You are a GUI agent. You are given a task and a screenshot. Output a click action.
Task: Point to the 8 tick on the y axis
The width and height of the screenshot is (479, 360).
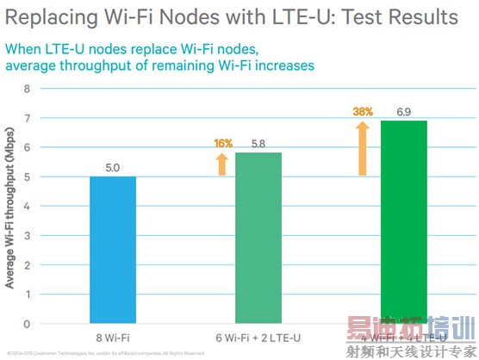(27, 88)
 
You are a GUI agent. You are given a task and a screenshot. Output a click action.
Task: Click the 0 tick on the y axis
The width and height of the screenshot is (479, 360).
(27, 324)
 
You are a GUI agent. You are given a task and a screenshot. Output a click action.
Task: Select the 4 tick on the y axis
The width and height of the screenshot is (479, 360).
(27, 206)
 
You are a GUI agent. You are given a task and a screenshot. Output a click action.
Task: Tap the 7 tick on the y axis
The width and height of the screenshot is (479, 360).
(27, 117)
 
